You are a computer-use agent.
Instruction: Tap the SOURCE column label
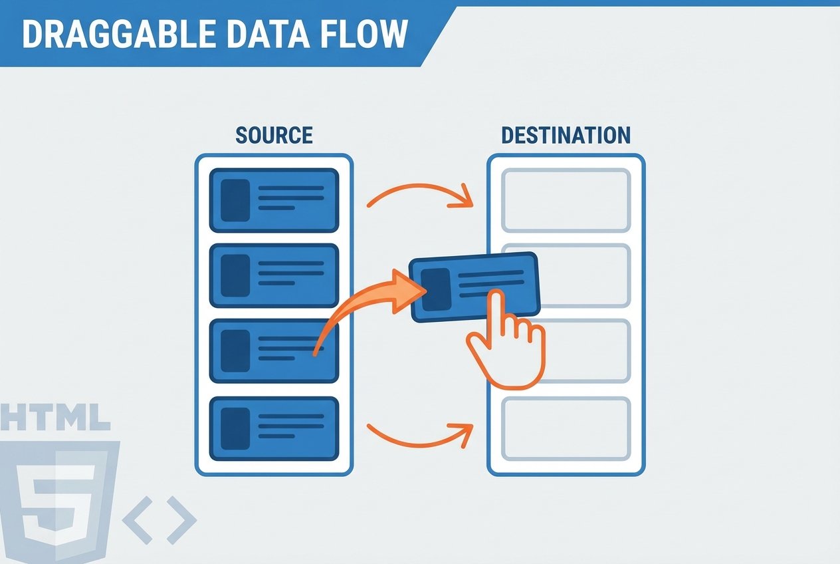(x=274, y=136)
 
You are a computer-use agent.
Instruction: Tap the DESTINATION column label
(x=566, y=136)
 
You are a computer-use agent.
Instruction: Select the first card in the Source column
(x=274, y=200)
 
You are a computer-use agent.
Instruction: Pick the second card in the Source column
(x=274, y=275)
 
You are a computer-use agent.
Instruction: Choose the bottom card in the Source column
(x=274, y=428)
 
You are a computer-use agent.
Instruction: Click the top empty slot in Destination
(x=566, y=200)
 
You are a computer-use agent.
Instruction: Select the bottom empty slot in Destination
(x=566, y=428)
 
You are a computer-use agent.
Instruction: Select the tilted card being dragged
(x=474, y=287)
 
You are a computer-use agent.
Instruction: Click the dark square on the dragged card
(x=435, y=289)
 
